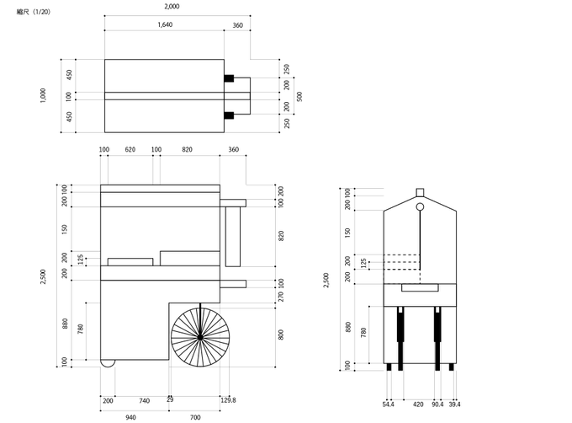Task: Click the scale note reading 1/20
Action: (34, 12)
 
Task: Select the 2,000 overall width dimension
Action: (172, 6)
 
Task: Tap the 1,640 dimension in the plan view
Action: (165, 24)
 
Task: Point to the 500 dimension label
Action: (299, 96)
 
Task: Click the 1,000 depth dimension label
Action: (43, 96)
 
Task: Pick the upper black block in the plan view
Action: (229, 78)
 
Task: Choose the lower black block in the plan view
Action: (229, 115)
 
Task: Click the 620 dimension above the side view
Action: (130, 149)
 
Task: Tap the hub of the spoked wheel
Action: (200, 337)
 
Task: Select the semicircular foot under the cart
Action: (108, 364)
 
